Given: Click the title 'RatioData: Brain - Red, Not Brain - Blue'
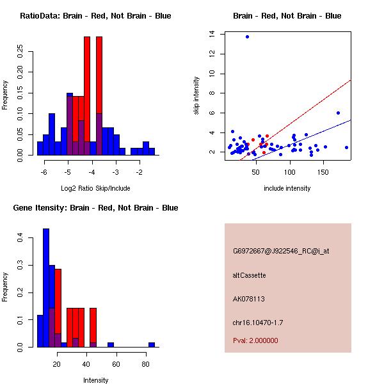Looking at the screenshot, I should [95, 16].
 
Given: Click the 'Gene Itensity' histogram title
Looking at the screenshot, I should [95, 208].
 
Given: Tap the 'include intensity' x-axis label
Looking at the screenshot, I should [287, 188].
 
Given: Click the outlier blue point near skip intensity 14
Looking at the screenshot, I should [247, 36].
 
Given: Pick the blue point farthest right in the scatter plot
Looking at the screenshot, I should [346, 147].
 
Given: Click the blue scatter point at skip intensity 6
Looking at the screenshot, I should [338, 113].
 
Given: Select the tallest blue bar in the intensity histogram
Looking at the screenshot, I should [46, 287].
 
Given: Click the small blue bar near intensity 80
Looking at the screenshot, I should [152, 345].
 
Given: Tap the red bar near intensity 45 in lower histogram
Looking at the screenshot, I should [93, 328].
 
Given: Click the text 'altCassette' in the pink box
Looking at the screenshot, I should [250, 275].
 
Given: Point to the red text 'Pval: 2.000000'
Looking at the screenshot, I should [256, 340].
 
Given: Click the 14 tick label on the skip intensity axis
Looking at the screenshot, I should [212, 34].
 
